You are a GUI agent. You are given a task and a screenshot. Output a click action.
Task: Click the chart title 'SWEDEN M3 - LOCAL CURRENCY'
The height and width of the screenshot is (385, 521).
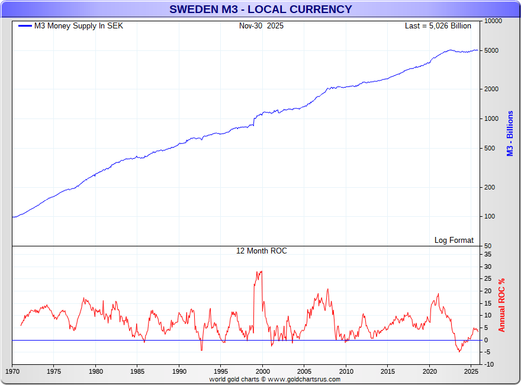click(260, 9)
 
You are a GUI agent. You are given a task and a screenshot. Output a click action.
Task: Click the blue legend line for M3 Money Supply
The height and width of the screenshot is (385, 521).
click(24, 26)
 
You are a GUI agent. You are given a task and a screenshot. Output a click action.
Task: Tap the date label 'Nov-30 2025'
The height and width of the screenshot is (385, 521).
click(261, 26)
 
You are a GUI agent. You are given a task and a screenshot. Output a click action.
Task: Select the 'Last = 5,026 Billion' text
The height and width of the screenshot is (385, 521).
click(438, 26)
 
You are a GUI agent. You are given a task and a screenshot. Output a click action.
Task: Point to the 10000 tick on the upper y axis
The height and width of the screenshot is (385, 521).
click(493, 21)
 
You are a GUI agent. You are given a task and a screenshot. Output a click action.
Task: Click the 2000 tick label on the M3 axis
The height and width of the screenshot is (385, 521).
click(491, 89)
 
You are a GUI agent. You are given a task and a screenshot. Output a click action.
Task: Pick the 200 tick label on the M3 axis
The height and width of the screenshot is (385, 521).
click(489, 187)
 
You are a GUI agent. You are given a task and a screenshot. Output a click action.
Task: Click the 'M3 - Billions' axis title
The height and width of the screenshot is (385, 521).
click(510, 134)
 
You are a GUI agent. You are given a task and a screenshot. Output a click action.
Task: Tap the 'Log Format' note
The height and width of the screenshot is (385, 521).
click(454, 240)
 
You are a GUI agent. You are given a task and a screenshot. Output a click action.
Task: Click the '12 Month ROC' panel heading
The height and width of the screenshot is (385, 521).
click(261, 251)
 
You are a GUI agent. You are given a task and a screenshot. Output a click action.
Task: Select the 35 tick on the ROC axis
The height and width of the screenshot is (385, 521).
click(487, 254)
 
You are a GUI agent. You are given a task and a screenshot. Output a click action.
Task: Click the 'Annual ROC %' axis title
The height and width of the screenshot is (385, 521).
click(501, 305)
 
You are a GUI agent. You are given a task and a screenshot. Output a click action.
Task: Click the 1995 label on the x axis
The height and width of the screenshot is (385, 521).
click(221, 371)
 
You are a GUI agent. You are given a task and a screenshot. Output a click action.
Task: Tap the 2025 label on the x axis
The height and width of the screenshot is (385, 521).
click(471, 371)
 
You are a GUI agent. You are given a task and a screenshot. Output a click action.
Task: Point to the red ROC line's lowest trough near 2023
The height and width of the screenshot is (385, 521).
click(459, 352)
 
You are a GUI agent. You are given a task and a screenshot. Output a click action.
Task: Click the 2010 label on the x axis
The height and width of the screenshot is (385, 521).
click(346, 371)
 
